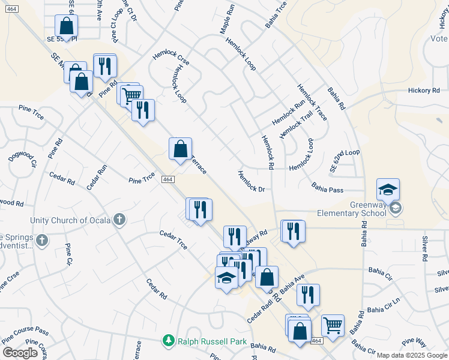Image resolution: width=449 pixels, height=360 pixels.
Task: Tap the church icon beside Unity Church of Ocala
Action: point(119,220)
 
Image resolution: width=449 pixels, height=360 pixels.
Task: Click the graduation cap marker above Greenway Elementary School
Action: point(388,190)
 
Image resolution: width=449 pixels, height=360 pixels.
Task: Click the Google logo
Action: point(20,352)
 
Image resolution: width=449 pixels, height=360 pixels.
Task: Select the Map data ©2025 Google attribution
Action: point(412,355)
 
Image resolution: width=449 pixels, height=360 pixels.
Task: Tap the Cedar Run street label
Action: point(96,178)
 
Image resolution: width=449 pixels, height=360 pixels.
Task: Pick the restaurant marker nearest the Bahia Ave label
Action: point(308,295)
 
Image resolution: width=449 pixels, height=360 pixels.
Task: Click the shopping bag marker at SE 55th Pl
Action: point(66,26)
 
